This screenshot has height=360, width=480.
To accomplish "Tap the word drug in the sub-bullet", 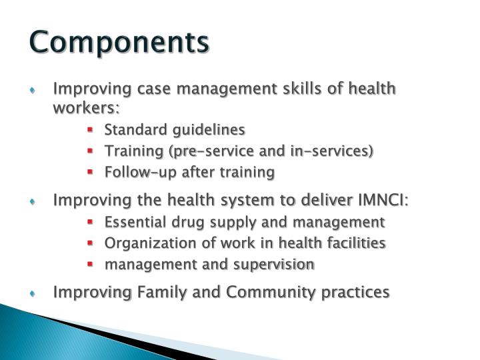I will [x=179, y=221].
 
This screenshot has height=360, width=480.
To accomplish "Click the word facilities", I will [x=354, y=243].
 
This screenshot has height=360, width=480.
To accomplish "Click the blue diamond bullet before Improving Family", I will [x=39, y=293].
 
